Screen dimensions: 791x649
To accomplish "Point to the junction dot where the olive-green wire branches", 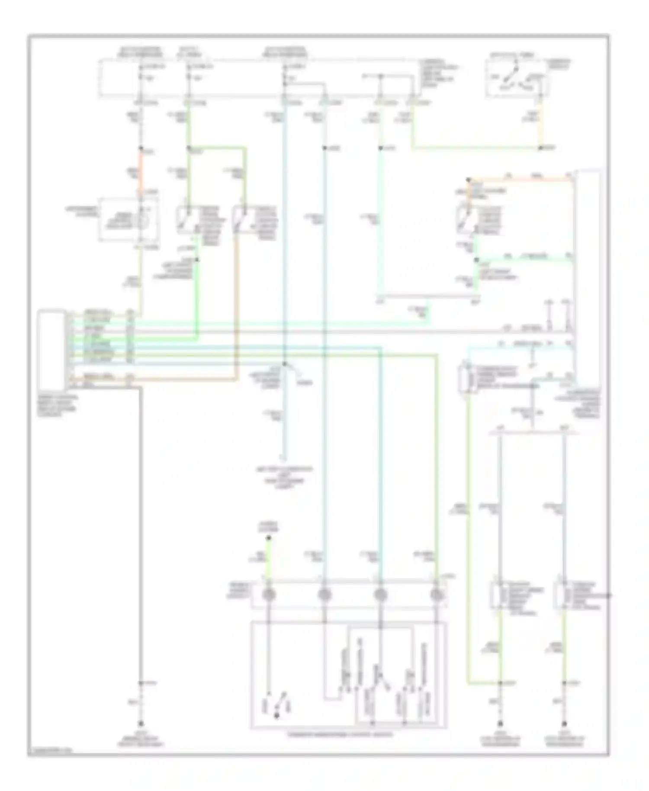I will pyautogui.click(x=189, y=148).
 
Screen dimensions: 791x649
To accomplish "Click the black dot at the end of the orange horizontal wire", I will pyautogui.click(x=468, y=179).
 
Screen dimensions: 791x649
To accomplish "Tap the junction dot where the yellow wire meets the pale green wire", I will pyautogui.click(x=540, y=148).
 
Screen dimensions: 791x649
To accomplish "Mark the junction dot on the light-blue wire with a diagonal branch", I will pyautogui.click(x=284, y=364).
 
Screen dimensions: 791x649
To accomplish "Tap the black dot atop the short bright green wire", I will pyautogui.click(x=268, y=538).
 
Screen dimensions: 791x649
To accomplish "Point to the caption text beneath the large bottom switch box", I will pyautogui.click(x=342, y=735).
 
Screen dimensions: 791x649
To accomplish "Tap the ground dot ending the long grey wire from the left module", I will pyautogui.click(x=141, y=723).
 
